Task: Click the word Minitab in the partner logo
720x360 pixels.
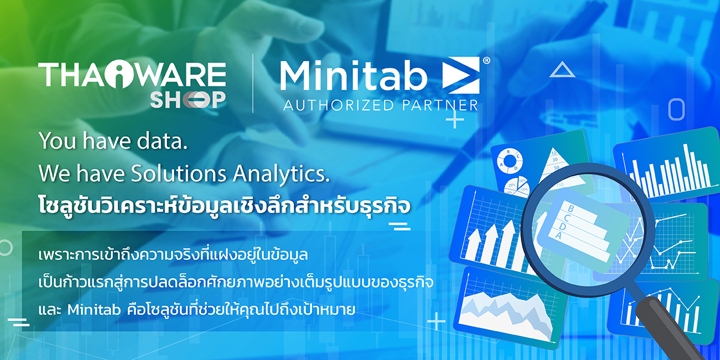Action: tap(353, 76)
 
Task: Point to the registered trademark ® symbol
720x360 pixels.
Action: tap(486, 61)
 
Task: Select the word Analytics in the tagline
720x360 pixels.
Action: tap(283, 173)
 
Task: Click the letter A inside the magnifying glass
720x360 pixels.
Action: tap(558, 236)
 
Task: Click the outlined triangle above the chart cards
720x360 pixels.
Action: tap(562, 70)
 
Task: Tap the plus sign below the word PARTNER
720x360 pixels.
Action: tap(455, 121)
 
